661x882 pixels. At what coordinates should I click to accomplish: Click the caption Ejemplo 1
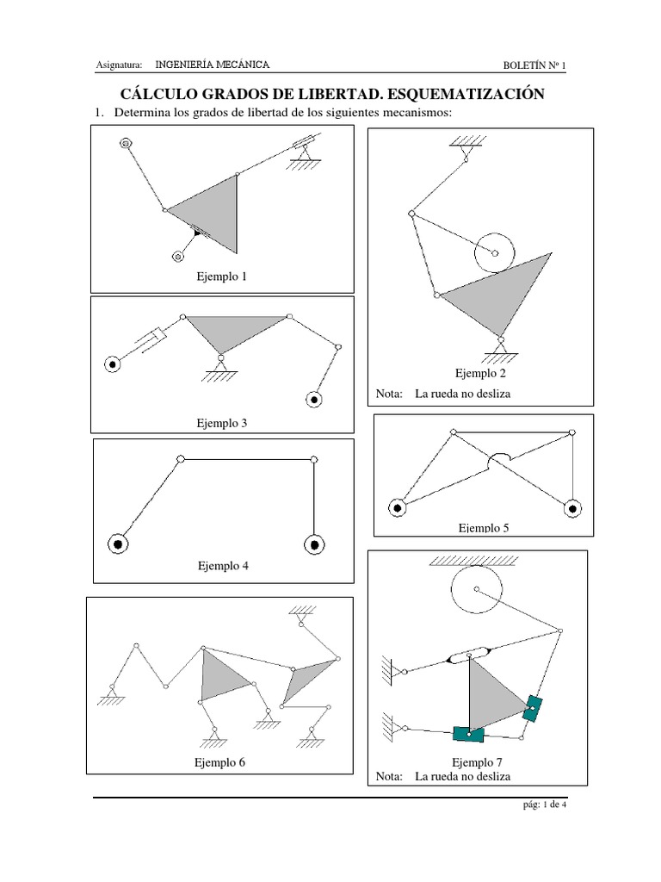pos(221,276)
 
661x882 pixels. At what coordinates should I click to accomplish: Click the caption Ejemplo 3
pos(221,423)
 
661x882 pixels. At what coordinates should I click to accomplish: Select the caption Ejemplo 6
pos(219,763)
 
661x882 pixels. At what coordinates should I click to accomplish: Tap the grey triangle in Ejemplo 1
pos(213,211)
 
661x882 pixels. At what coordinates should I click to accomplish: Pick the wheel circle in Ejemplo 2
pos(495,233)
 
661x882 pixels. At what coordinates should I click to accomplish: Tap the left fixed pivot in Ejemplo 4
pos(118,544)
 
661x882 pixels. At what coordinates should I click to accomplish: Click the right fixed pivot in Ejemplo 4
pos(314,544)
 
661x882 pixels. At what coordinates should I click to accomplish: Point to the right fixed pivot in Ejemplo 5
pos(572,509)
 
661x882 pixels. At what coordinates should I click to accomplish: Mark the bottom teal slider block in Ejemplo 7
pos(469,734)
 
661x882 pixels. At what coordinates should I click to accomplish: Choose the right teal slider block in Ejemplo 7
pos(532,708)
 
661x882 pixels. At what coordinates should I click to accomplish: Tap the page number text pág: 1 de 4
pos(544,804)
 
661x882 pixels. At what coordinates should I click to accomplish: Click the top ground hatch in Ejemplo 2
pos(467,140)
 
